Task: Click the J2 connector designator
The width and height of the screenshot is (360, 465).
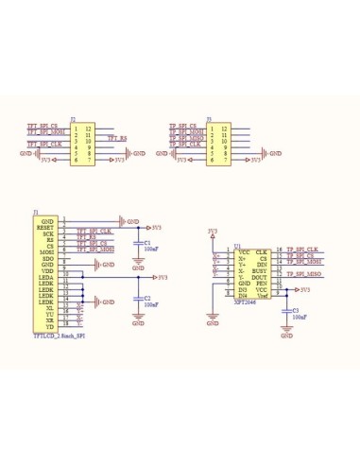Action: tap(73, 120)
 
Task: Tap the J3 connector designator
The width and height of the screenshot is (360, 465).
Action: tap(209, 120)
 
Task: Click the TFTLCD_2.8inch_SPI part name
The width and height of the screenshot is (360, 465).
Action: tap(59, 335)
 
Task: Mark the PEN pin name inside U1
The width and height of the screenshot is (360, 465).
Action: tap(262, 281)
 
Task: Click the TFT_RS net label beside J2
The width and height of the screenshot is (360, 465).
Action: tap(116, 139)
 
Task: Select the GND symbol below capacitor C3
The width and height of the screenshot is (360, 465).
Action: tap(286, 334)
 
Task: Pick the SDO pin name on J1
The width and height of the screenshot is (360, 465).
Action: tap(45, 258)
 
